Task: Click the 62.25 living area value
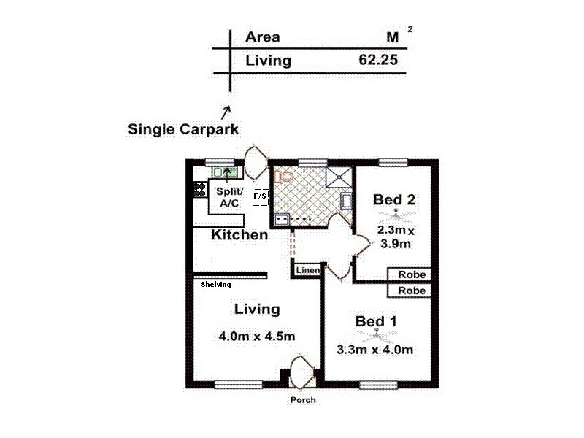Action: click(378, 61)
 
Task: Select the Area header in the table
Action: click(263, 37)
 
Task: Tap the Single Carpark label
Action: click(183, 129)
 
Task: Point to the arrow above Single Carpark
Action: click(226, 111)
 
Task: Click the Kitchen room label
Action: click(239, 235)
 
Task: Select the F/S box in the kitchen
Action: click(260, 197)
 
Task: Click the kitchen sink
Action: click(223, 172)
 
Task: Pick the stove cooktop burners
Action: click(199, 190)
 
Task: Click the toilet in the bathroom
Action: click(284, 176)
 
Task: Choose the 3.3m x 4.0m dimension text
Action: click(375, 350)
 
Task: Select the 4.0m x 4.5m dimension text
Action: click(257, 337)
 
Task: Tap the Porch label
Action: click(302, 400)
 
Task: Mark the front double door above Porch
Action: click(301, 372)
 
